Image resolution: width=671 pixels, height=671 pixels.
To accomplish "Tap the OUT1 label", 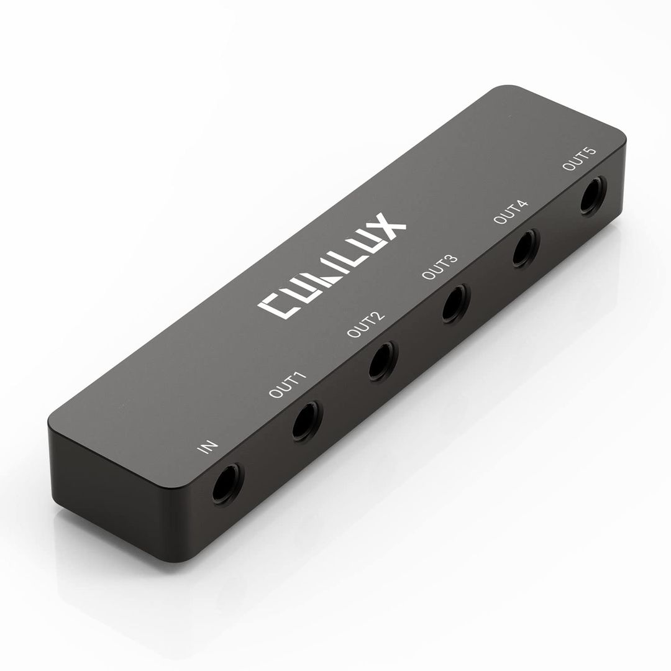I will (288, 385).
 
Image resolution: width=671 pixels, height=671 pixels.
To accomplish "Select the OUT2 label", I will (365, 324).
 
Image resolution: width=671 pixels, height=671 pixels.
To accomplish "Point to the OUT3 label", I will (440, 267).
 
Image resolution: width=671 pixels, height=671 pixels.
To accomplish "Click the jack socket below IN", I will (227, 484).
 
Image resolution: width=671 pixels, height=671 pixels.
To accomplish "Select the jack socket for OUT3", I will (455, 303).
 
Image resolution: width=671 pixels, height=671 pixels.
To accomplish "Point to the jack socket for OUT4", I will (526, 248).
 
